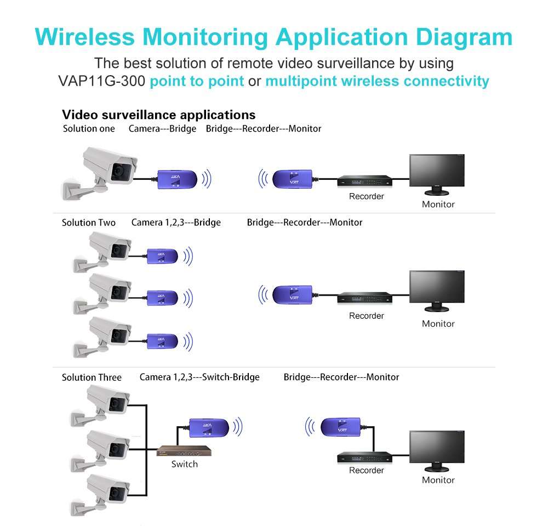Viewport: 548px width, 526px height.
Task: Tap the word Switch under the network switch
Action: click(x=184, y=464)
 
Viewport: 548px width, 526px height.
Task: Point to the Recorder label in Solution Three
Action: click(x=367, y=470)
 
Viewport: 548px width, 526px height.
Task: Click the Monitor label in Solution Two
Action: click(x=438, y=324)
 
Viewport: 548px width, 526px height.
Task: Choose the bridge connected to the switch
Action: click(x=208, y=427)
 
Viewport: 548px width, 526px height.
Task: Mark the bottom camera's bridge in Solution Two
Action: click(x=162, y=340)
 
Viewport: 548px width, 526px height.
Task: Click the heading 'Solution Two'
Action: click(x=89, y=223)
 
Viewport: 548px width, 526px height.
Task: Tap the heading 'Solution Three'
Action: click(x=92, y=377)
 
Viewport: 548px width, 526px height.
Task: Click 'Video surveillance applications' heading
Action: click(x=158, y=115)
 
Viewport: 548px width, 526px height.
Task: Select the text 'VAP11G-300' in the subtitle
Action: click(x=101, y=81)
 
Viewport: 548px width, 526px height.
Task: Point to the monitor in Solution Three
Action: click(x=437, y=451)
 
